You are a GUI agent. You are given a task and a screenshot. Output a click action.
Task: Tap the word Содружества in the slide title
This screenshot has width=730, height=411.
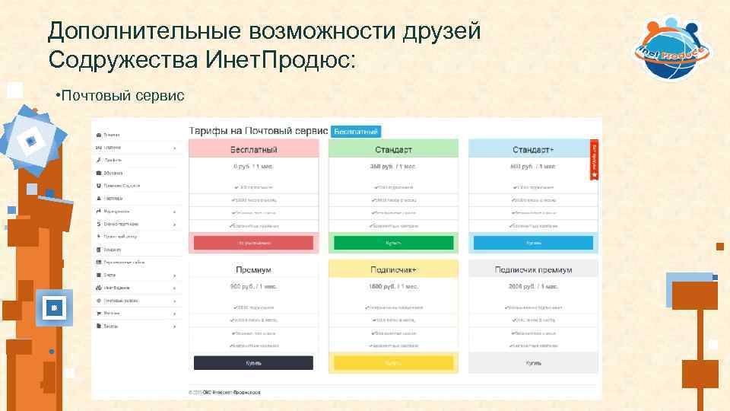point(122,59)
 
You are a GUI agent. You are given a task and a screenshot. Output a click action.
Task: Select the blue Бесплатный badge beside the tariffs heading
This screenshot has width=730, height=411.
point(356,131)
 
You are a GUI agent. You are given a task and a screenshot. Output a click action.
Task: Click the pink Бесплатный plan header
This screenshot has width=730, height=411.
point(253,149)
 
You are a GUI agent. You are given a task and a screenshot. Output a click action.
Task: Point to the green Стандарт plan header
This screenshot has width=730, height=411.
point(393,149)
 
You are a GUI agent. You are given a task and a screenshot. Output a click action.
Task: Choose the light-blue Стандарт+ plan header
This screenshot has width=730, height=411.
point(533,149)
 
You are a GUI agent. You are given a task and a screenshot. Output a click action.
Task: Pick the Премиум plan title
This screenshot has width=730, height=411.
point(253,269)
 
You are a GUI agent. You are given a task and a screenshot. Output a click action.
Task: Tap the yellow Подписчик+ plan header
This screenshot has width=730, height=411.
point(393,269)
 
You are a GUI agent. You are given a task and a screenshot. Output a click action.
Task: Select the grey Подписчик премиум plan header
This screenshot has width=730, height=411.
point(533,269)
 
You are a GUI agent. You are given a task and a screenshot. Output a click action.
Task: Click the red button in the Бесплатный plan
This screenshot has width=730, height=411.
point(253,243)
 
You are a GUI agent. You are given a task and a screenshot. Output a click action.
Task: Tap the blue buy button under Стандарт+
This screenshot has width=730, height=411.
point(533,243)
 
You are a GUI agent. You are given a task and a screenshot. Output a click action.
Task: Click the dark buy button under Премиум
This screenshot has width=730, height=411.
point(253,363)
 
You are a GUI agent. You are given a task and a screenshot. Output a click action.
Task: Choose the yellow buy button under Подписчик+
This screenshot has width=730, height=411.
point(393,363)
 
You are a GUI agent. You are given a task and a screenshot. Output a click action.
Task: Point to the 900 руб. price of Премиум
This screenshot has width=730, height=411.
point(253,286)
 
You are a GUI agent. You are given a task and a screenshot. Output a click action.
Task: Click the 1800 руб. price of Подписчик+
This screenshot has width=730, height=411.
point(393,286)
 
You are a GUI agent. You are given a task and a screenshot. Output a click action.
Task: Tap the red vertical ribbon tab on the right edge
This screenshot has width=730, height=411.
point(595,161)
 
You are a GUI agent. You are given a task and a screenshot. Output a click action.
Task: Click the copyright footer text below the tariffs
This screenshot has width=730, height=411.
point(224,392)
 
